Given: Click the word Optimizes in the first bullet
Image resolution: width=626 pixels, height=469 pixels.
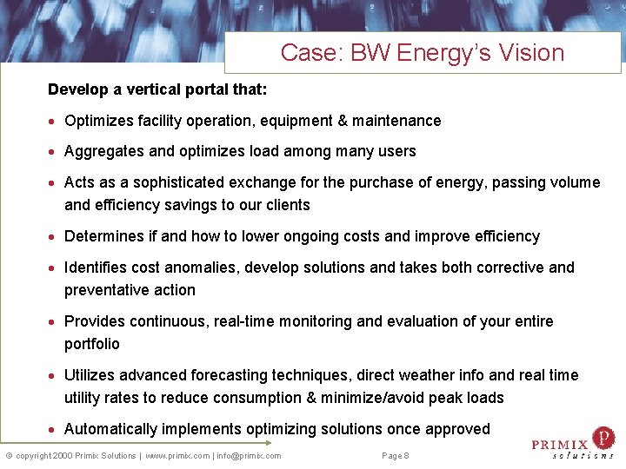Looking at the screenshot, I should click(x=97, y=121).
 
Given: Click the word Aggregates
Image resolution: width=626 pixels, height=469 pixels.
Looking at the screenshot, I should click(x=105, y=151).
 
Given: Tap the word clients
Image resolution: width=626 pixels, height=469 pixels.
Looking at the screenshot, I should click(x=288, y=205).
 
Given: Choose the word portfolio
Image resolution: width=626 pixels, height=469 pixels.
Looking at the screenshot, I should click(x=91, y=344).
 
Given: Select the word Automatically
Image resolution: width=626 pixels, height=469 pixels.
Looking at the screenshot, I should click(x=110, y=429).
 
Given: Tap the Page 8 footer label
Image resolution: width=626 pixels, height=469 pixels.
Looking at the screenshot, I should click(x=396, y=456).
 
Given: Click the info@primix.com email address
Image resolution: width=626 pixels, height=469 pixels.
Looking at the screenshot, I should click(x=250, y=456).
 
